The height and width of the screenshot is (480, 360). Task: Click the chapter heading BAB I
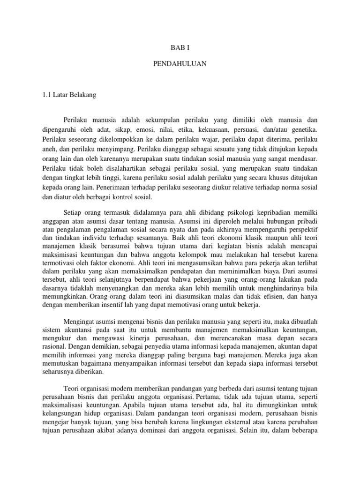[180, 47]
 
